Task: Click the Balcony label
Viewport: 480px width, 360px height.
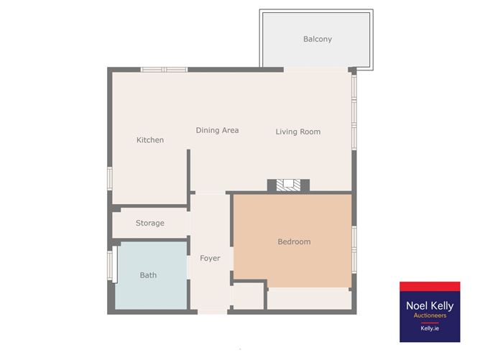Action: pos(318,40)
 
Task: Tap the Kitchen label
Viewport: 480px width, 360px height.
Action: pos(150,140)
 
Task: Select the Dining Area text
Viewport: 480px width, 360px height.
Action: pos(217,130)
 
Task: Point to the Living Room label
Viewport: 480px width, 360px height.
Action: pos(298,131)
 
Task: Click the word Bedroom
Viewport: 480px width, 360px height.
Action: pos(294,242)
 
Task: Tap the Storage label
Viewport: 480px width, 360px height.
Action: pos(150,223)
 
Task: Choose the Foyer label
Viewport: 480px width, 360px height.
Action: pos(210,259)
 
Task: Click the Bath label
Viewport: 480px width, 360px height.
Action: pos(148,275)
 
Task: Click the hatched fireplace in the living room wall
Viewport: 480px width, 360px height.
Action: pos(288,185)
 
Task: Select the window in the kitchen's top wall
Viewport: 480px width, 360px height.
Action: pos(164,70)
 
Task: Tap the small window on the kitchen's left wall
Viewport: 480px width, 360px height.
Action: pos(110,178)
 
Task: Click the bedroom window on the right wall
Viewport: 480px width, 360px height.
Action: pos(354,249)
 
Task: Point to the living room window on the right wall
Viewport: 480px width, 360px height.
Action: pos(354,112)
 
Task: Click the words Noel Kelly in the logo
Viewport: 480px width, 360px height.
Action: pos(430,305)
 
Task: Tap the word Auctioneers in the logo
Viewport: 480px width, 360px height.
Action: pos(430,315)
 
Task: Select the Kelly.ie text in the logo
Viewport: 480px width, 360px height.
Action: pos(430,328)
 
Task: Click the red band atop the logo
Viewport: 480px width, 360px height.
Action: pos(430,287)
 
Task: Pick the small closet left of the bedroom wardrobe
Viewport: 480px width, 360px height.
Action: pos(247,296)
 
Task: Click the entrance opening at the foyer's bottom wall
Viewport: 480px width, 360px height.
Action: pos(213,312)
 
